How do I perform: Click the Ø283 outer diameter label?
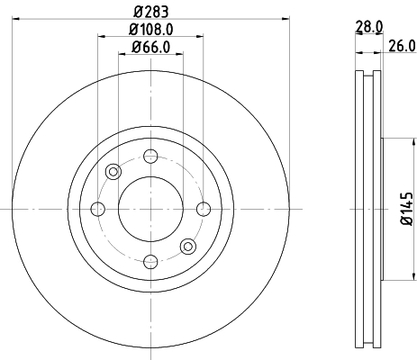150,10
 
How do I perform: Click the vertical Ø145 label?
406,208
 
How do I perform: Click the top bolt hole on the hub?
150,156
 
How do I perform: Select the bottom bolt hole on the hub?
150,261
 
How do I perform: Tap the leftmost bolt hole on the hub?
97,209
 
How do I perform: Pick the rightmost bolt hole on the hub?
204,209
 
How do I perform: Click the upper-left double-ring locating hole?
113,171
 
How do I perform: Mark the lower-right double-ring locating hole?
187,246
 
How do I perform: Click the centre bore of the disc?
150,209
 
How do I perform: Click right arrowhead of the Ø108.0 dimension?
200,36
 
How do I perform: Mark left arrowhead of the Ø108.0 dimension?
101,36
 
